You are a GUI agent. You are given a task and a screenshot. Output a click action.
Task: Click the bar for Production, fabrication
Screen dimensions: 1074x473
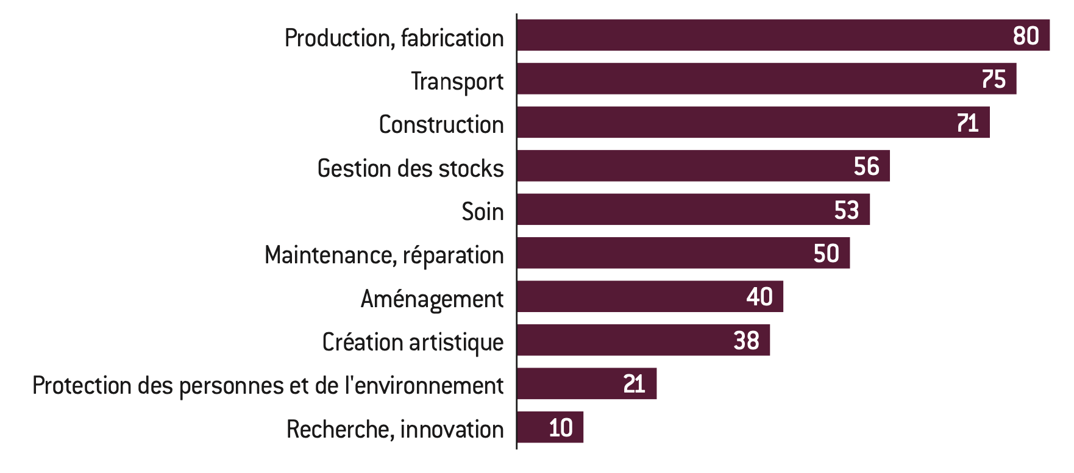(783, 35)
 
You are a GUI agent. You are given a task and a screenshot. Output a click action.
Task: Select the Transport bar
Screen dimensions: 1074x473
(767, 79)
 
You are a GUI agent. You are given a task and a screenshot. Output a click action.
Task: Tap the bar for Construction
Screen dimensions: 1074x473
(753, 122)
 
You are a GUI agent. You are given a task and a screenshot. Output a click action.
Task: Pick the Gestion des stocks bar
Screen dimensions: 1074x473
(703, 166)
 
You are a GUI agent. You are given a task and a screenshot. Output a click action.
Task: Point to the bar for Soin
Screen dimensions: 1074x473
(694, 209)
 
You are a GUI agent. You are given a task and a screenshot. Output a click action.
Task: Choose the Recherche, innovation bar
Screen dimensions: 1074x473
(550, 427)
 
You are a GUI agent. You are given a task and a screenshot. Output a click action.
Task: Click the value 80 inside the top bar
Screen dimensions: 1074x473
(1026, 36)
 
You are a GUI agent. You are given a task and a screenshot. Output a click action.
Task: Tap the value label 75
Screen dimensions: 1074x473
(994, 79)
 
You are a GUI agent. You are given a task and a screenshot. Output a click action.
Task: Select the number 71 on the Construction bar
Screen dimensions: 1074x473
(967, 123)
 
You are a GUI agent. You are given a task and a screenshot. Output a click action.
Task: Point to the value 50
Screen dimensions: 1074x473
(827, 254)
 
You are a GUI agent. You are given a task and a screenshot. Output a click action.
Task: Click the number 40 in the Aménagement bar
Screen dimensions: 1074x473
(759, 297)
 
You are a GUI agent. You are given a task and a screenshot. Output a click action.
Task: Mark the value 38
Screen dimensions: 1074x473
(746, 341)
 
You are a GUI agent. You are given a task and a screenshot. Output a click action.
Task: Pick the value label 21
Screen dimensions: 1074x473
(634, 384)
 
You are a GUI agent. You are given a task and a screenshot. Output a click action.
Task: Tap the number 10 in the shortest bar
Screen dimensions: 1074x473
(561, 428)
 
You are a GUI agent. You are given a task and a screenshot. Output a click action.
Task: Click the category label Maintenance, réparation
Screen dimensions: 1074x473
(384, 255)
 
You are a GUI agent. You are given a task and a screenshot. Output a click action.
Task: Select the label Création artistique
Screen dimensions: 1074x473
(413, 343)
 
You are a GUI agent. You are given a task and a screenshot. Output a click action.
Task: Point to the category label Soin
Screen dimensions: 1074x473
(483, 212)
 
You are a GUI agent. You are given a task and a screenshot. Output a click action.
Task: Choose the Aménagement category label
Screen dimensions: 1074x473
(432, 299)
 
